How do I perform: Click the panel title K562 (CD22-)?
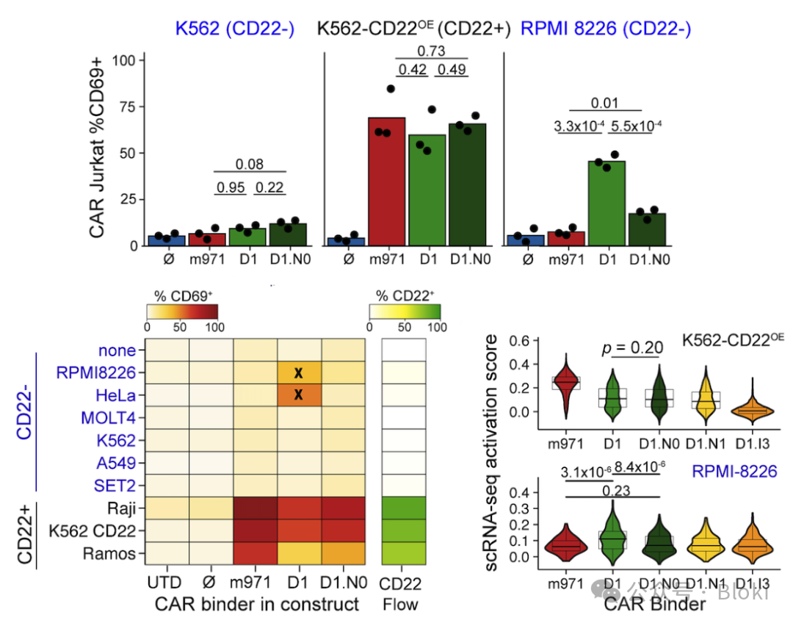234,29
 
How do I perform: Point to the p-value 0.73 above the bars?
432,51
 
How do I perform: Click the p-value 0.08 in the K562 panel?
250,165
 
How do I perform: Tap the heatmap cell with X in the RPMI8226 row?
298,372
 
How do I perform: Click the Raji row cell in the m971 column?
255,508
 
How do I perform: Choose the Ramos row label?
115,554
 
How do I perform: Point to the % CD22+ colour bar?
405,311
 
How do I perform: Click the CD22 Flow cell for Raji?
404,508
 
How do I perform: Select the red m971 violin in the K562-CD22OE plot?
566,383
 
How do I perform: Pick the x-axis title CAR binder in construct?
257,605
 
